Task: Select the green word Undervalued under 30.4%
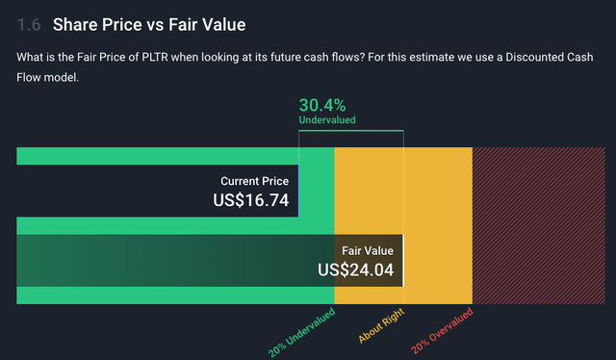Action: (x=327, y=120)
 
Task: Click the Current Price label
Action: (x=254, y=181)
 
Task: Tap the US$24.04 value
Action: (x=356, y=270)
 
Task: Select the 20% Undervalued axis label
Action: (x=301, y=332)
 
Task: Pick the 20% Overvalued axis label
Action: (x=443, y=332)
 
